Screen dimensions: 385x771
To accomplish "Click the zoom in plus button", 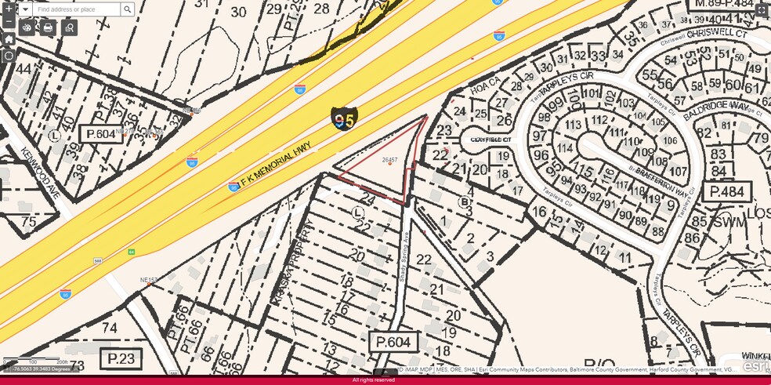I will pyautogui.click(x=9, y=9).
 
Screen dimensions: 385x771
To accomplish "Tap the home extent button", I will pyautogui.click(x=9, y=38).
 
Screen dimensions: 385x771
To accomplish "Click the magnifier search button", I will pyautogui.click(x=128, y=9).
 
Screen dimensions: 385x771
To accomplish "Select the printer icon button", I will pyautogui.click(x=48, y=27).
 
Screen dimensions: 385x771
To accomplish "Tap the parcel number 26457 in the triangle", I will pyautogui.click(x=389, y=159).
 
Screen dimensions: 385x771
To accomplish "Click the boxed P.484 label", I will pyautogui.click(x=726, y=192).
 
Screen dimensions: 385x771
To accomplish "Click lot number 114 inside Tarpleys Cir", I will pyautogui.click(x=564, y=148).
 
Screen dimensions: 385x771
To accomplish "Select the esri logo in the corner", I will pyautogui.click(x=756, y=366).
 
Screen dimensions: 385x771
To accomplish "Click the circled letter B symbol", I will pyautogui.click(x=463, y=201).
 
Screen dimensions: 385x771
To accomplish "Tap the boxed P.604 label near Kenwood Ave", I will pyautogui.click(x=101, y=134).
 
